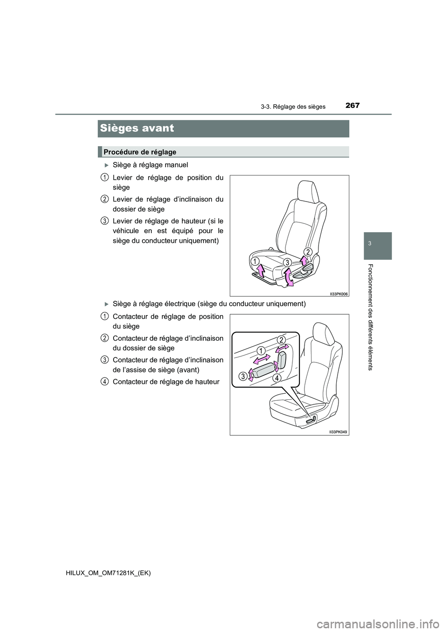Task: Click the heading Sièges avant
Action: point(137,128)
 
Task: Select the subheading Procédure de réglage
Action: point(140,152)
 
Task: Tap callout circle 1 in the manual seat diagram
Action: point(255,261)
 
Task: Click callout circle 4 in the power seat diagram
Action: point(277,378)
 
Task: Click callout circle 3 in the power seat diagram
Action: point(243,377)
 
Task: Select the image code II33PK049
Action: point(339,432)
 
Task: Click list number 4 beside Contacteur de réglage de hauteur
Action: point(104,381)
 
